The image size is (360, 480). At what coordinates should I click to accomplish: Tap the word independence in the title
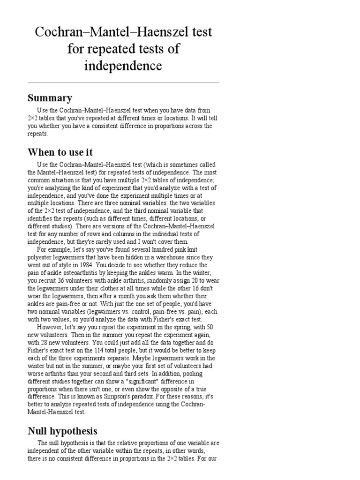[x=123, y=66]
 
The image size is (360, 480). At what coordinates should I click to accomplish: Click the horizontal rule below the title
[x=123, y=83]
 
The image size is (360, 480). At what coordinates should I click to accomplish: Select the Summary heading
[x=50, y=98]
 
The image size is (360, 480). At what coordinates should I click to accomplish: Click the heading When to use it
[x=60, y=152]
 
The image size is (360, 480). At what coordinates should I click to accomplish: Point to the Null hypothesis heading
[x=62, y=431]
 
